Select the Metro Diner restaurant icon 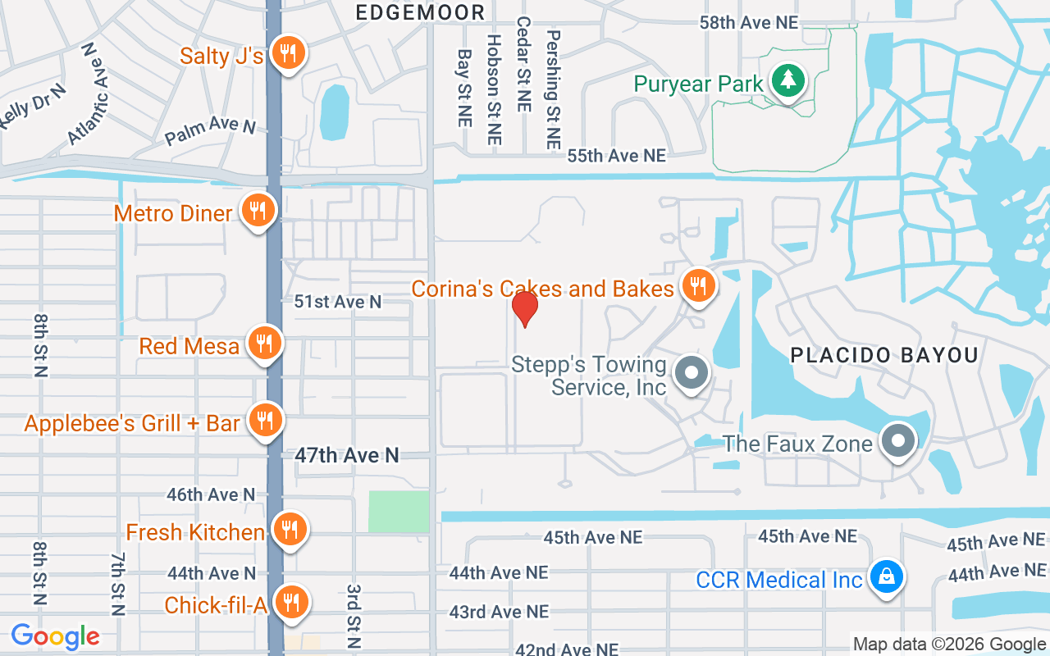click(258, 212)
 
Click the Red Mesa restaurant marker click(263, 344)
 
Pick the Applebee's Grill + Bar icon click(264, 421)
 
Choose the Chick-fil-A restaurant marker click(290, 603)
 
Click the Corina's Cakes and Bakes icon click(697, 286)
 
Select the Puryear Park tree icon click(787, 81)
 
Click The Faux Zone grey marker click(898, 442)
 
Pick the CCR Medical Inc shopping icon click(886, 578)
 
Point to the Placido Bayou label click(884, 355)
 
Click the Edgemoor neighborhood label click(420, 12)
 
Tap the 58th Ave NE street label click(748, 22)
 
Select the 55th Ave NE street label click(617, 155)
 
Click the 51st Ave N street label click(338, 302)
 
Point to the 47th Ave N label click(347, 455)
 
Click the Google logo click(55, 635)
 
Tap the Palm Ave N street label click(211, 130)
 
